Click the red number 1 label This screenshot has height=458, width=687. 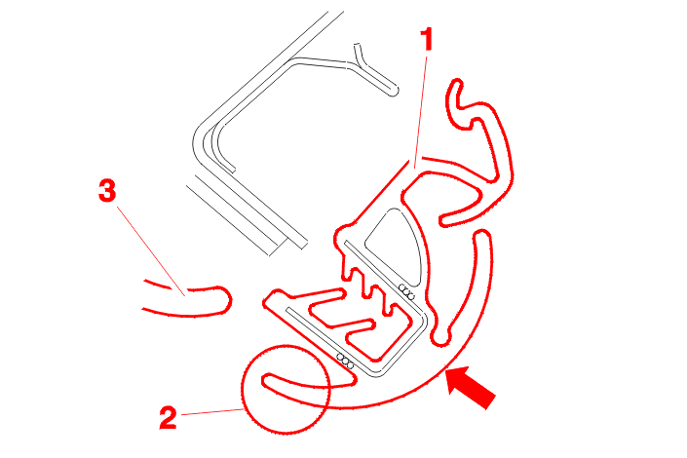pos(427,39)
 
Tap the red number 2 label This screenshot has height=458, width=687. pos(168,417)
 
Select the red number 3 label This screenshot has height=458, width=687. pos(107,190)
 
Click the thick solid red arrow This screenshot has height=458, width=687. pos(470,387)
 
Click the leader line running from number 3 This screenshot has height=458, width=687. pos(151,251)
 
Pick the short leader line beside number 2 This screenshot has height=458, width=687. pos(212,411)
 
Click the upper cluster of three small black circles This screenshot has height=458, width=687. pos(406,292)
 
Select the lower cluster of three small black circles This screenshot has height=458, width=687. pos(345,361)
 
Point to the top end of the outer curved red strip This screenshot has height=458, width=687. pos(482,236)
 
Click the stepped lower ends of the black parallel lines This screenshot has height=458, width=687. pos(287,246)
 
